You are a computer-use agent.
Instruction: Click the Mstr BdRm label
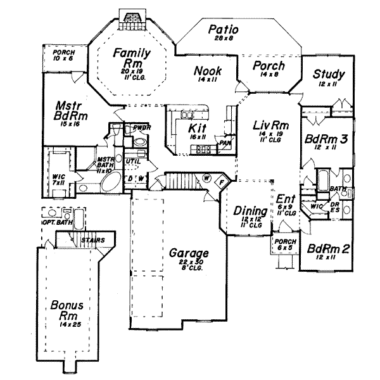tap(70, 111)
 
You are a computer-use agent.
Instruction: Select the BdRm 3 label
tap(329, 139)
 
